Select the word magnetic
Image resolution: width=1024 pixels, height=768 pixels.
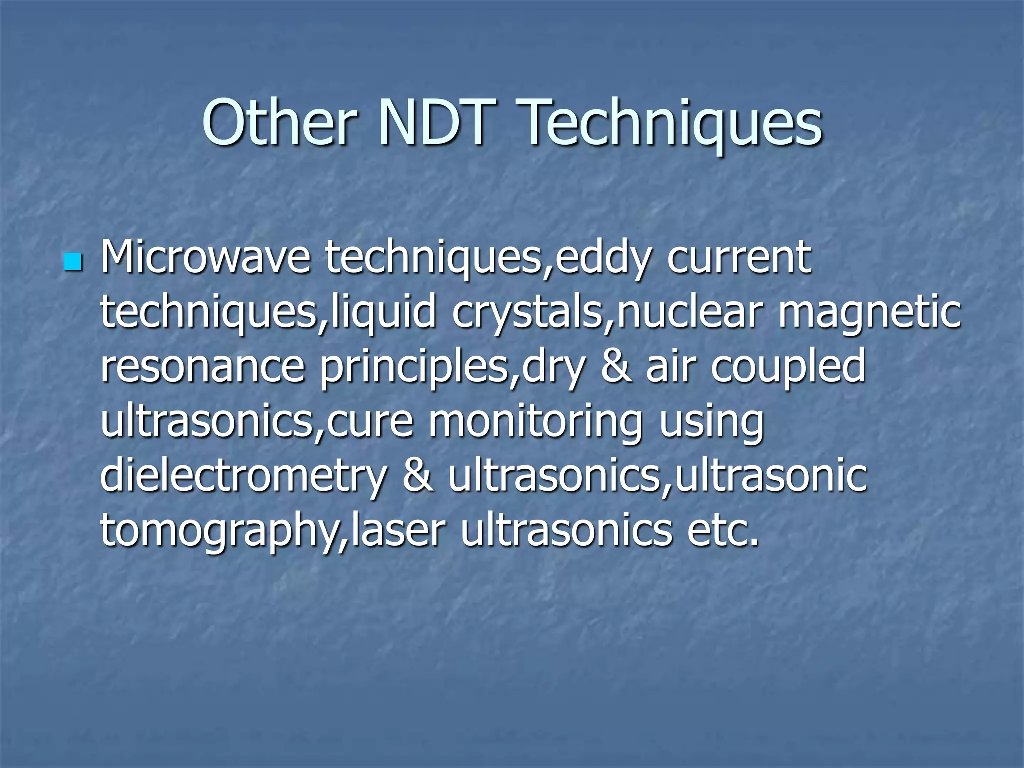click(x=869, y=313)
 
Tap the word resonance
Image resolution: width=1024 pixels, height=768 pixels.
click(x=202, y=366)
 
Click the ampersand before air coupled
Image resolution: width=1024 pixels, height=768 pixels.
click(x=616, y=366)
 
